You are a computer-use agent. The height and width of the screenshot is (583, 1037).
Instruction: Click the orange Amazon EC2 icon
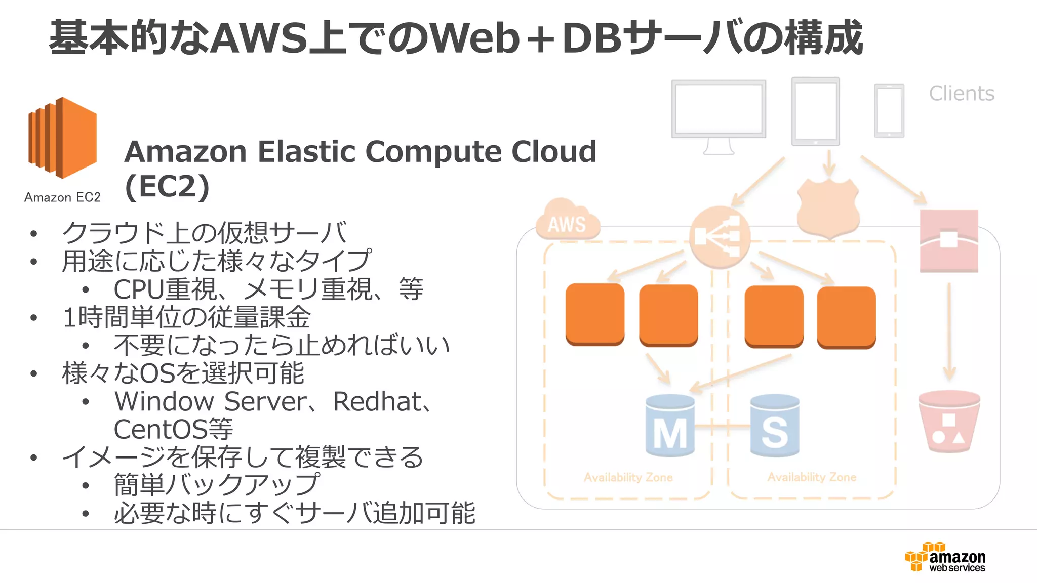(x=62, y=138)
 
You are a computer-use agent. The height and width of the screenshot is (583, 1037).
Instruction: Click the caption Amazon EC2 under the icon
(x=62, y=197)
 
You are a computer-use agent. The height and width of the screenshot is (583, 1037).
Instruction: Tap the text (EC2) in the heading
(x=167, y=187)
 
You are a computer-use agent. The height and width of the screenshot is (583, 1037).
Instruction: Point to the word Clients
(x=961, y=94)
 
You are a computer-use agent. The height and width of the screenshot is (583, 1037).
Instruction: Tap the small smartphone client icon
(x=889, y=110)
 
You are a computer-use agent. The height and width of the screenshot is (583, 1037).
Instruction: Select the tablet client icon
(x=815, y=111)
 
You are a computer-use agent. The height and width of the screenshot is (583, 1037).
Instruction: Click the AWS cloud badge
(x=567, y=223)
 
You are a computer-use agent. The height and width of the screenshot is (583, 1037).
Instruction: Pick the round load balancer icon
(x=719, y=237)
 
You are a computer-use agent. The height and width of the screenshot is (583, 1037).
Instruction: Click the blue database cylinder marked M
(x=670, y=426)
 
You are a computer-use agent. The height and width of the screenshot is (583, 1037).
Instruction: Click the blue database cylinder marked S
(x=774, y=426)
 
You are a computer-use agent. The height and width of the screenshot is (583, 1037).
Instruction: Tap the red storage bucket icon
(x=949, y=421)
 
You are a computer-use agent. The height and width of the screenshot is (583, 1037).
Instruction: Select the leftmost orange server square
(x=594, y=314)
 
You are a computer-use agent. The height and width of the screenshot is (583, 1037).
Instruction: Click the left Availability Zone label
(x=628, y=477)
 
